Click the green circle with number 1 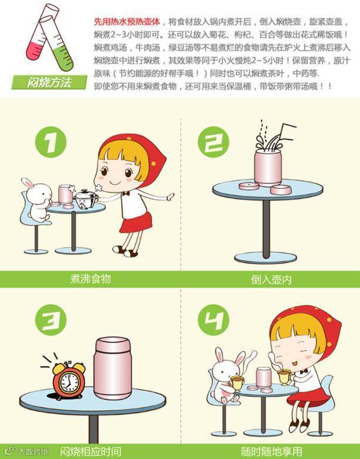[x=51, y=142]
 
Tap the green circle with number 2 [x=213, y=142]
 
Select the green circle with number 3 [x=51, y=320]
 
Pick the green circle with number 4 [x=213, y=320]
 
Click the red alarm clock [x=69, y=380]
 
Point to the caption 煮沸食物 [x=90, y=279]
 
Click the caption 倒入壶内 [x=271, y=280]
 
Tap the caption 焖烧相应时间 [x=90, y=451]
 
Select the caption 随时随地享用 [x=271, y=451]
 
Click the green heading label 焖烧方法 [x=49, y=82]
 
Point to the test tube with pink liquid [x=41, y=33]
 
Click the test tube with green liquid [x=56, y=43]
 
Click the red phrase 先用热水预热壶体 [x=127, y=22]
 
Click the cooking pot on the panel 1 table [x=86, y=199]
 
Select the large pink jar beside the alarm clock [x=113, y=368]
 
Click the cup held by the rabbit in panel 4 [x=236, y=382]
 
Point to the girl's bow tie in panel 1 [x=126, y=193]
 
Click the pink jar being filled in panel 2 [x=268, y=167]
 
